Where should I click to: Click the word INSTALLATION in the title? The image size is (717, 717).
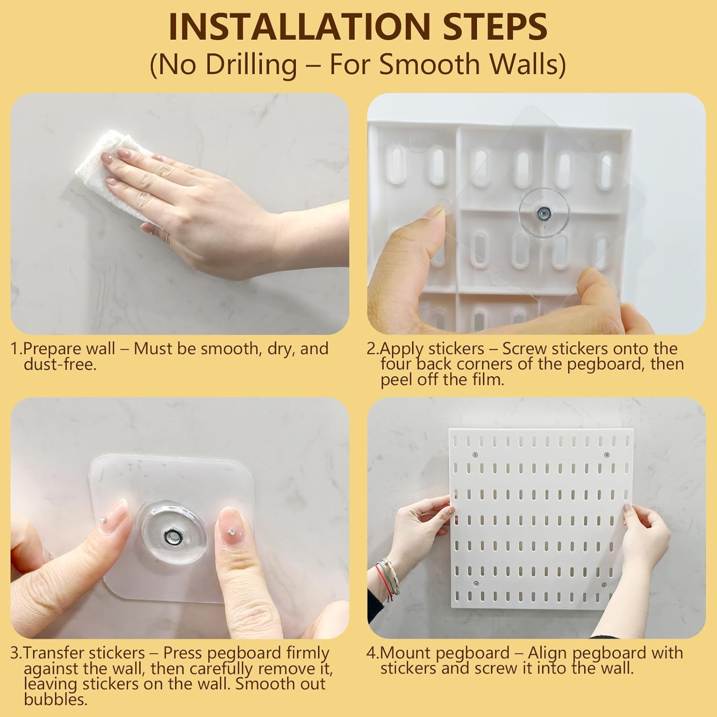point(276,27)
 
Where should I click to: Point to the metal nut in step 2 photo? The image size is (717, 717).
point(543,211)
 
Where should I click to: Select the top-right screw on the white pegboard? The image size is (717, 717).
point(607,455)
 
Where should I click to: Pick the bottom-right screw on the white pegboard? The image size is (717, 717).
point(604,585)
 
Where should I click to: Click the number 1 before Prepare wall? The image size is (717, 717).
point(15,348)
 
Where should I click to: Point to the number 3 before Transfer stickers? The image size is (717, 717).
point(15,652)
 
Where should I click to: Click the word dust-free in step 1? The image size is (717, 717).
point(60,365)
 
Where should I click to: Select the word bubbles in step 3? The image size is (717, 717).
point(55,700)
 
